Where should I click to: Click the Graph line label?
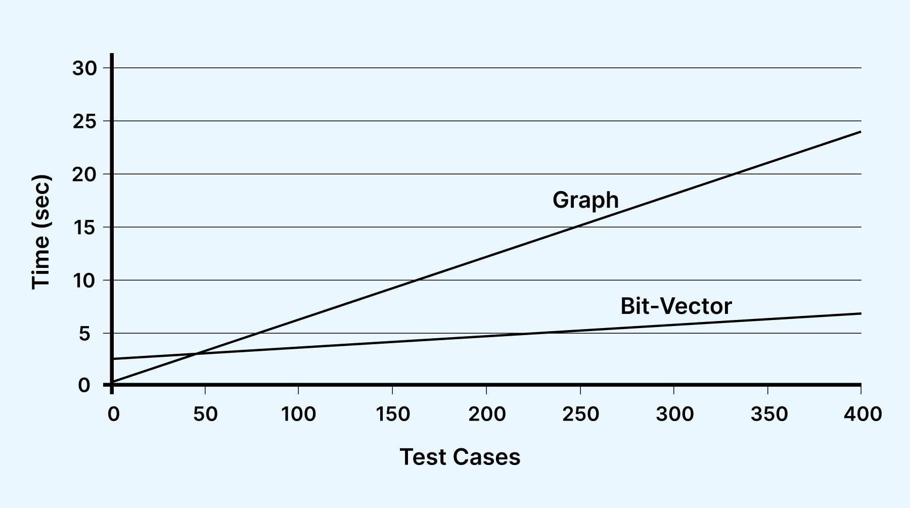[x=585, y=200]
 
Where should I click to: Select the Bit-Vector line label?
[x=676, y=306]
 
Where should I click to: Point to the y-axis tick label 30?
[x=84, y=68]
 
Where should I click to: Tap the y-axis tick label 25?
[x=84, y=121]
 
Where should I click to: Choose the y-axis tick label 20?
[x=84, y=174]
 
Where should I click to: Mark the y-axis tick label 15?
[x=84, y=227]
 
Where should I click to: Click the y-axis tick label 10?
[x=84, y=281]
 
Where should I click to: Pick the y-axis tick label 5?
[x=84, y=334]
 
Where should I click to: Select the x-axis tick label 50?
[x=205, y=414]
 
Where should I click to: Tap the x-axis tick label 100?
[x=298, y=414]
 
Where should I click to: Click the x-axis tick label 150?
[x=392, y=414]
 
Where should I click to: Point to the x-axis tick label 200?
[x=486, y=414]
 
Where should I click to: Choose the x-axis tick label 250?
[x=580, y=414]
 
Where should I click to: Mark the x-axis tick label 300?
[x=674, y=414]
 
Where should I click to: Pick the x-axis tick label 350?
[x=768, y=414]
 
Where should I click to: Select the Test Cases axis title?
[x=460, y=457]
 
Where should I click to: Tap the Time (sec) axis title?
[x=41, y=233]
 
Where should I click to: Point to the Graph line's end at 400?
[x=860, y=132]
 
